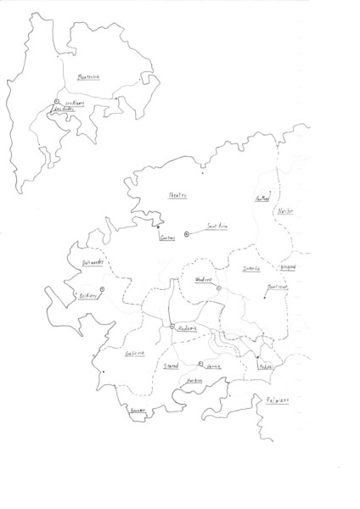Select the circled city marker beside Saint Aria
[x=187, y=232]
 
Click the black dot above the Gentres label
[x=158, y=227]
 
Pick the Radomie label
[x=187, y=328]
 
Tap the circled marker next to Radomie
[x=172, y=327]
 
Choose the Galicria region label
[x=135, y=355]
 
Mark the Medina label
[x=267, y=366]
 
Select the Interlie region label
[x=252, y=269]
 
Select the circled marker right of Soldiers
[x=102, y=290]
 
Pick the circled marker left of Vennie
[x=201, y=364]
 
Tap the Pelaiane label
[x=278, y=399]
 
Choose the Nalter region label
[x=285, y=211]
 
